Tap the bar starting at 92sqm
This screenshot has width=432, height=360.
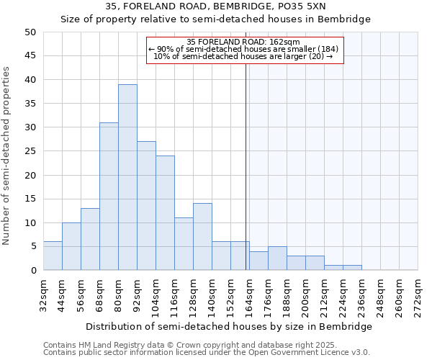[146, 206]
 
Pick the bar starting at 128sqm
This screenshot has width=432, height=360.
[202, 237]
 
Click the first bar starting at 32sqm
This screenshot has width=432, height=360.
[53, 256]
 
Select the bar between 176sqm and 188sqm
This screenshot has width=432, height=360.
[277, 258]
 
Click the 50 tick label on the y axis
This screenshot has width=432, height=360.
[30, 32]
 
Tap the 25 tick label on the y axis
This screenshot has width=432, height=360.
[30, 151]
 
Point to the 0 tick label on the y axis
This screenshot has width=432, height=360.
[33, 271]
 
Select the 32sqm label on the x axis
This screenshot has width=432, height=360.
[44, 295]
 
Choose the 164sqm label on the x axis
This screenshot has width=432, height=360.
[250, 295]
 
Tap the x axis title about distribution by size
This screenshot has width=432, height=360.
[229, 326]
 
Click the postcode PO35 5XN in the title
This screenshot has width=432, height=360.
[304, 6]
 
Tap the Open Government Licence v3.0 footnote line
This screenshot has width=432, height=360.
[206, 352]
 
